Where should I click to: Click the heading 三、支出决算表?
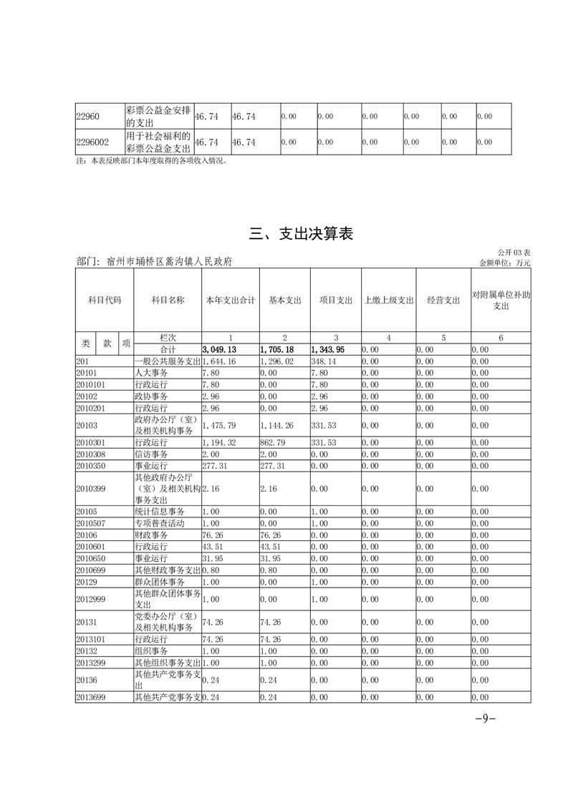click(301, 234)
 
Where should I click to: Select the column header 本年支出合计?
click(230, 301)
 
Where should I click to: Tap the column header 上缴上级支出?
click(389, 301)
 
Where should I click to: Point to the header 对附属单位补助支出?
click(501, 301)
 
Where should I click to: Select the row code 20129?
click(86, 581)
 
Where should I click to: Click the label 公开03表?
click(514, 253)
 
